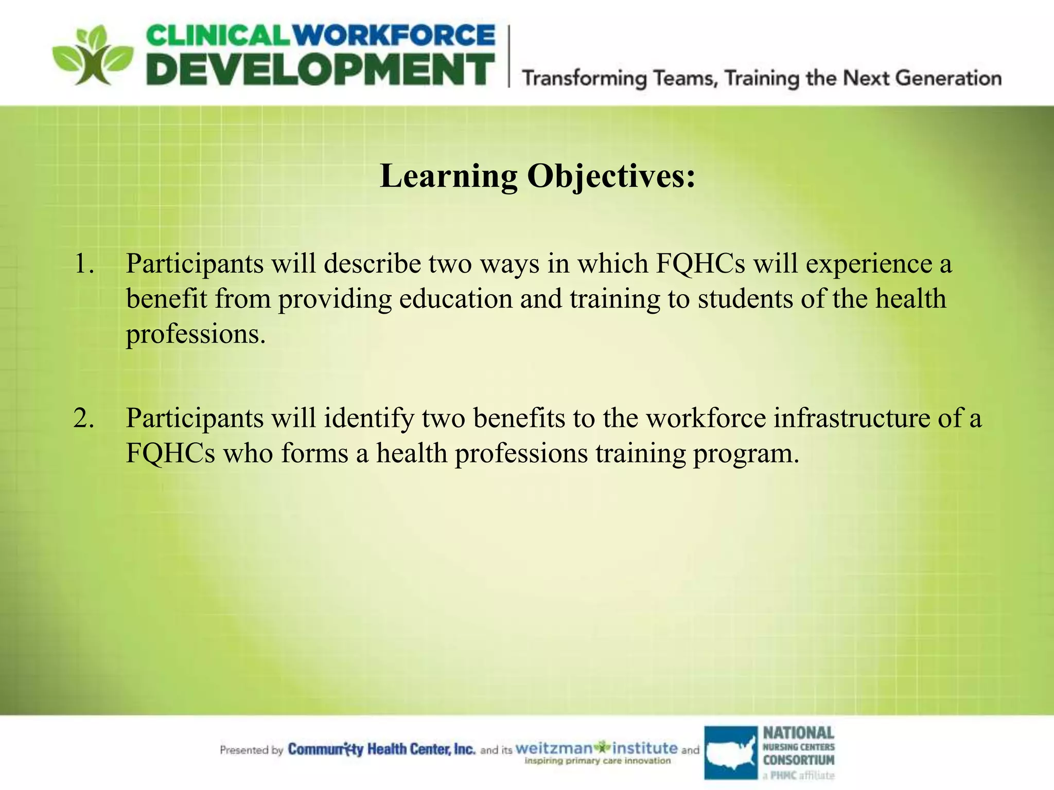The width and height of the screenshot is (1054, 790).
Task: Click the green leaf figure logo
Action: [93, 56]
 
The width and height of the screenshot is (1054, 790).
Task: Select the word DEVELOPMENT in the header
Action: [320, 70]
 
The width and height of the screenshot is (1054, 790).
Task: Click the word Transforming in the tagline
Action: [585, 79]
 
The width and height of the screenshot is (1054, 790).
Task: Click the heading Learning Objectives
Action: [537, 176]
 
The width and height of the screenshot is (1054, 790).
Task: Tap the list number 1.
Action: [84, 264]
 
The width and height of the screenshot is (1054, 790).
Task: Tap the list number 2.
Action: [84, 418]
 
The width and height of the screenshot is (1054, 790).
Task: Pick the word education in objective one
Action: [455, 299]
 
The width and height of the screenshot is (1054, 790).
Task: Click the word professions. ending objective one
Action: [196, 335]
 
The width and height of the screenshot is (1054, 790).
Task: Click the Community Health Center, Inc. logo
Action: [381, 749]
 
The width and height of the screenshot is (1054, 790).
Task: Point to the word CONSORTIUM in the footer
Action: [798, 760]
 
